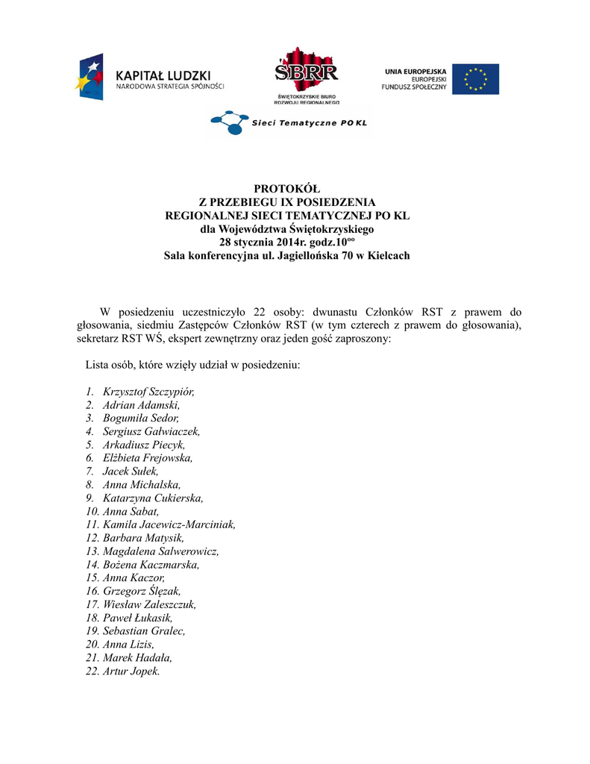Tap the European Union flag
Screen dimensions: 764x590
480,79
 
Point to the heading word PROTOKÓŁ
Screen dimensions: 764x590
286,189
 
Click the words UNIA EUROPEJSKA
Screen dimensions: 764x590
415,71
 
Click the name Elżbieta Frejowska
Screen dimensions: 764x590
148,458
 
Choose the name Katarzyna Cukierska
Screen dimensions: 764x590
153,498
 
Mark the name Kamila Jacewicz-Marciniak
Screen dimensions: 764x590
169,525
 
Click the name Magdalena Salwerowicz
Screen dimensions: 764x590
160,551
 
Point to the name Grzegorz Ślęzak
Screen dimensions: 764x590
141,591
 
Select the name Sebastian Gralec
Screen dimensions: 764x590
144,630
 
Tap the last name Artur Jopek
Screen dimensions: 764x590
131,671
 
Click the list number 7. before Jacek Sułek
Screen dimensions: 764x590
90,472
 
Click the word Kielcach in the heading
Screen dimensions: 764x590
385,255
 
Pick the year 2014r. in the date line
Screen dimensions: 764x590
291,242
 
